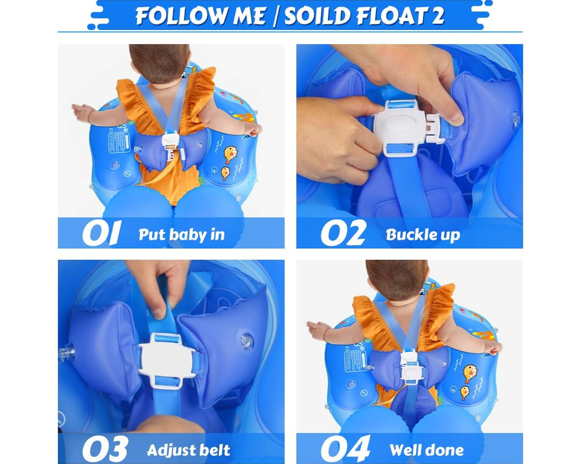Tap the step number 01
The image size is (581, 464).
coord(101,233)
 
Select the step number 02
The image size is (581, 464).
coord(343,233)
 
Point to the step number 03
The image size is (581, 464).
coord(105,448)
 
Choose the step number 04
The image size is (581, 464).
coord(345,448)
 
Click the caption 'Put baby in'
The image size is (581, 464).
coord(181,235)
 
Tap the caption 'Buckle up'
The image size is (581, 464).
coord(422,235)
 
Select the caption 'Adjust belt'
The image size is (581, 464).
coord(188,450)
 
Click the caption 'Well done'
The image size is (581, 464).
coord(426,450)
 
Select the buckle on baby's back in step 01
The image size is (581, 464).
coord(170,142)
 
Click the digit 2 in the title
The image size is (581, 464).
coord(437,16)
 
